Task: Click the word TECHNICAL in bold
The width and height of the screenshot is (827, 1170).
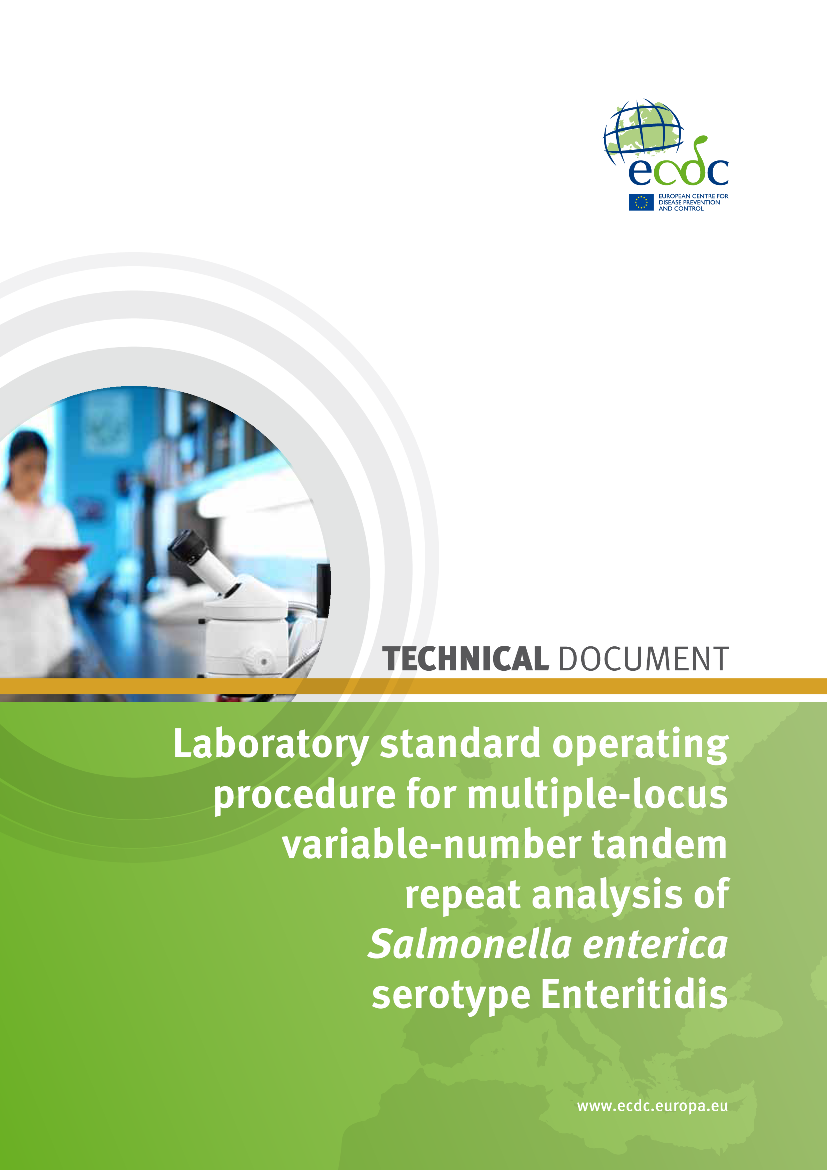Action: point(465,659)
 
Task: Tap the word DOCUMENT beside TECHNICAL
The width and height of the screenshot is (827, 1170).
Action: point(644,659)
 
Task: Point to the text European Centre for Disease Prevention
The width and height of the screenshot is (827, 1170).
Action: point(693,199)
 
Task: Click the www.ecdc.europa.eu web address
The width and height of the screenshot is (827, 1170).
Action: point(652,1106)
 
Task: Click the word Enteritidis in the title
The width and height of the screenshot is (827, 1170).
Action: point(634,994)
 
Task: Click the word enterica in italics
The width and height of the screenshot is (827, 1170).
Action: point(655,944)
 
